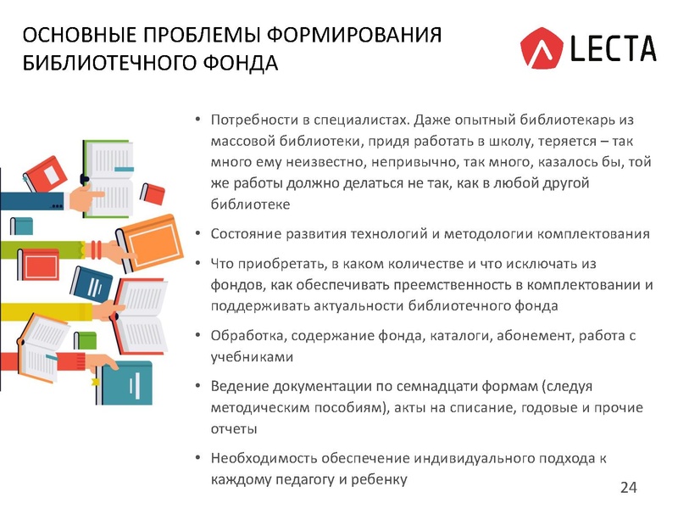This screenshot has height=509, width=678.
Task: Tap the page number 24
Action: pyautogui.click(x=629, y=487)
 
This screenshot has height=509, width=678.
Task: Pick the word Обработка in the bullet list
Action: pyautogui.click(x=245, y=335)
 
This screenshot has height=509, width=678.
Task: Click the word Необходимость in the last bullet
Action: pyautogui.click(x=262, y=458)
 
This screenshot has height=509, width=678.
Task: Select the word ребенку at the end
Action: pyautogui.click(x=378, y=479)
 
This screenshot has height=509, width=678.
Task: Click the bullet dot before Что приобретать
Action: pyautogui.click(x=197, y=263)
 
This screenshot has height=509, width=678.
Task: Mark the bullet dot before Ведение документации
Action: pyautogui.click(x=197, y=387)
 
